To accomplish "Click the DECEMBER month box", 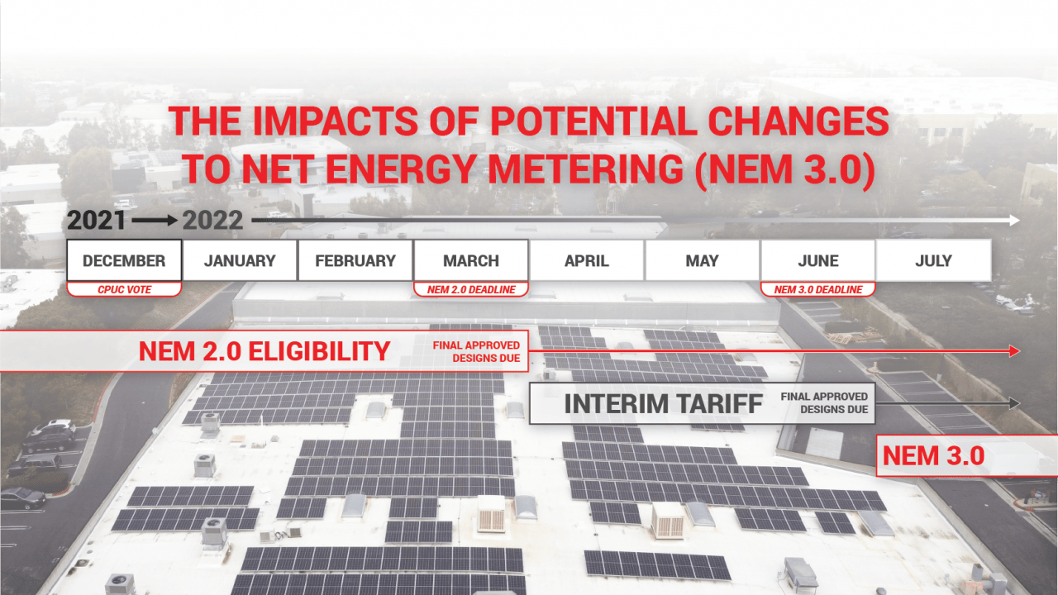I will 124,261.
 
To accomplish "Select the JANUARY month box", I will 240,261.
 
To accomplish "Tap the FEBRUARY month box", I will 355,261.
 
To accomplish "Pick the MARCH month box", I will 471,261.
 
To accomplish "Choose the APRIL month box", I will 587,261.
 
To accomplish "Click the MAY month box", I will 703,261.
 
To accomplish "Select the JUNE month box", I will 817,261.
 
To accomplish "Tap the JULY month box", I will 933,261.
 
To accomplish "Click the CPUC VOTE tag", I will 124,289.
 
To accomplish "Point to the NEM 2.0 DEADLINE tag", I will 471,289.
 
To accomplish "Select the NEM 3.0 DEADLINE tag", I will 817,289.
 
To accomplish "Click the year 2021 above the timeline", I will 97,221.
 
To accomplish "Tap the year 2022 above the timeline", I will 213,221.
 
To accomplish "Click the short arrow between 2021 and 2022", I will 155,221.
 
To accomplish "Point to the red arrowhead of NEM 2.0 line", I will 1013,351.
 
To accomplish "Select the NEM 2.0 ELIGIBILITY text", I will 264,351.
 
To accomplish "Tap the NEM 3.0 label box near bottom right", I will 934,455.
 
